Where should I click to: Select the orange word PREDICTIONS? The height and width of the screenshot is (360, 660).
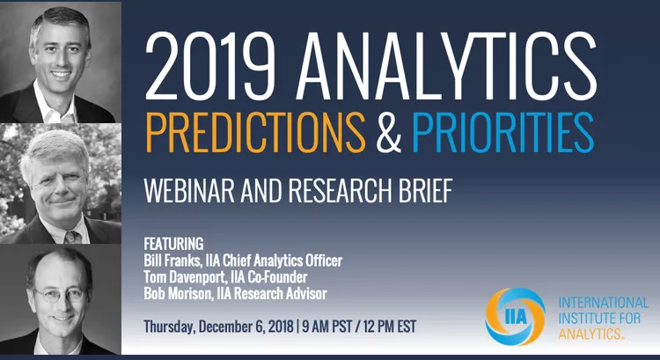255,132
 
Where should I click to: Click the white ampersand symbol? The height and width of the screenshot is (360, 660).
389,132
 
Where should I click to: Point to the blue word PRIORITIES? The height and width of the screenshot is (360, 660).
503,132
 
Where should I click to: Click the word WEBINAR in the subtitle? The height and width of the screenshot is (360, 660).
189,191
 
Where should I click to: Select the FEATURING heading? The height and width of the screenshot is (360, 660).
173,244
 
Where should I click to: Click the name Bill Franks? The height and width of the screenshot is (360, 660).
172,261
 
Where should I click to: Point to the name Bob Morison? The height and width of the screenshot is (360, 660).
178,293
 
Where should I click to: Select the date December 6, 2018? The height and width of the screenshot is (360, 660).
246,327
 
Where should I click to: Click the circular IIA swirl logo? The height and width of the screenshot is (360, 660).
515,317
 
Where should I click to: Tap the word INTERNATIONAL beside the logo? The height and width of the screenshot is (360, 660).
603,303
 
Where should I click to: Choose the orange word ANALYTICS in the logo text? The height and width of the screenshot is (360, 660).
590,334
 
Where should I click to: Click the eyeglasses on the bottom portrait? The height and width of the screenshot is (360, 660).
59,295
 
